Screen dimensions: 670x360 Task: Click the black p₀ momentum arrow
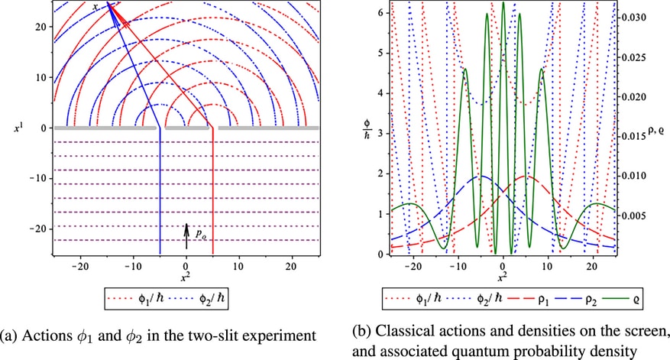pos(186,236)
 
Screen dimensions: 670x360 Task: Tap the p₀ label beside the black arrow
pos(201,234)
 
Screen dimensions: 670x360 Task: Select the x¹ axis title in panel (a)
pos(18,127)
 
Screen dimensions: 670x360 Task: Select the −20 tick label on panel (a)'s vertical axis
pos(38,229)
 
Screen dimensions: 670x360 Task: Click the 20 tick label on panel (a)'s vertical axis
pos(41,27)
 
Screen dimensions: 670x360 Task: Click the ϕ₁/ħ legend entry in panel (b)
pos(413,298)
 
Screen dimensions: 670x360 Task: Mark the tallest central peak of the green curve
pos(503,2)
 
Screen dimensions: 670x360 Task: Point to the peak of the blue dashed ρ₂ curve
pos(481,176)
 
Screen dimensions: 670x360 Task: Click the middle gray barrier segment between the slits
pos(186,128)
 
